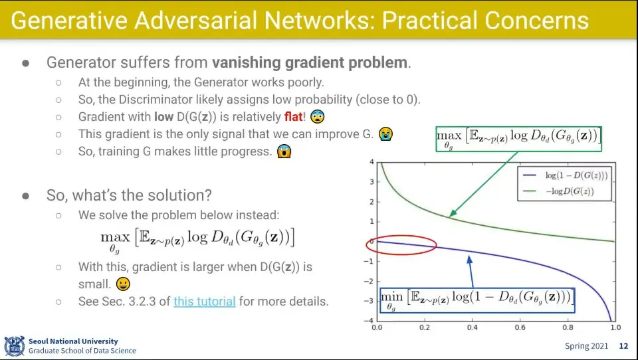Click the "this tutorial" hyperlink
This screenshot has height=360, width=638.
coord(204,302)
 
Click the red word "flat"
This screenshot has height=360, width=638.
coord(293,117)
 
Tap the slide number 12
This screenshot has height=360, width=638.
coord(623,346)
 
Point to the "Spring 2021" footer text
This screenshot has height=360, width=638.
coord(586,346)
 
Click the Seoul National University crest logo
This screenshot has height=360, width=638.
coord(15,346)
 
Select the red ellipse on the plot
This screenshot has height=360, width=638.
coord(401,245)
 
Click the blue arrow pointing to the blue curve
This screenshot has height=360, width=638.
coord(471,272)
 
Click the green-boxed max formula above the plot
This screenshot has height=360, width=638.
coord(518,139)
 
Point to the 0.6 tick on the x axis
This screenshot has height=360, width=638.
coord(520,327)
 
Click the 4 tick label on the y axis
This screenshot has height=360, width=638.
coord(372,162)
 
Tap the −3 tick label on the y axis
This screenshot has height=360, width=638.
coord(370,301)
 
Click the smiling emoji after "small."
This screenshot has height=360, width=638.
coord(123,284)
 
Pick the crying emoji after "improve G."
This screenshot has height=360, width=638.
coord(385,134)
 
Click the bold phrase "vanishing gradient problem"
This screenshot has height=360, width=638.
coord(310,62)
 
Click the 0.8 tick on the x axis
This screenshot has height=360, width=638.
coord(568,327)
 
